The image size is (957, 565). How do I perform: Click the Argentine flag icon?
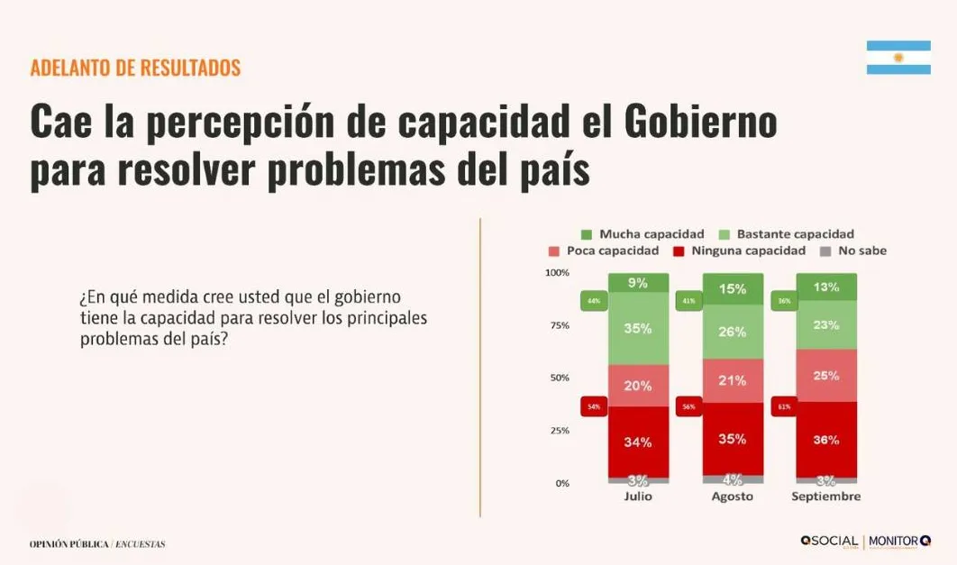898,58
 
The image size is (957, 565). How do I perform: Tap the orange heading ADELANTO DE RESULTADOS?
135,68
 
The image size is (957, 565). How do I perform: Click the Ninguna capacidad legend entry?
739,251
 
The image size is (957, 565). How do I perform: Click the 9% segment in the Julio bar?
638,283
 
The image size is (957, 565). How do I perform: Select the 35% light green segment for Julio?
638,329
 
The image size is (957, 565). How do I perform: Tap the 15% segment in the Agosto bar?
733,289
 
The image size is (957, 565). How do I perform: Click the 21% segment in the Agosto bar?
733,380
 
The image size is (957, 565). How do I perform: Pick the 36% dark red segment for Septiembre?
826,440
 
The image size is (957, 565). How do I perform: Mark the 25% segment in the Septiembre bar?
826,375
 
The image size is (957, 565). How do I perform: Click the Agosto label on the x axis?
732,497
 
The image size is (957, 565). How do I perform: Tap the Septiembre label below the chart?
825,497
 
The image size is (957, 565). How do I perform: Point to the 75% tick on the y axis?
559,325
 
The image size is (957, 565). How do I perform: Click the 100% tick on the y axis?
557,273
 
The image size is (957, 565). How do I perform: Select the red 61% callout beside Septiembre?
781,407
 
